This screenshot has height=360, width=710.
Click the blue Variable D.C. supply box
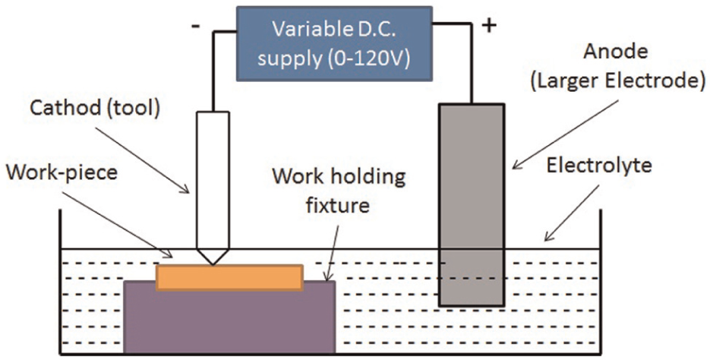tap(334, 43)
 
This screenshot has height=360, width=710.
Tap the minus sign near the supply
tap(196, 27)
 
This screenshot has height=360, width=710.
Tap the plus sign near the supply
tap(488, 26)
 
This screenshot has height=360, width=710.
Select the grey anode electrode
tap(472, 205)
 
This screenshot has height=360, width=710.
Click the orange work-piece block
tap(229, 277)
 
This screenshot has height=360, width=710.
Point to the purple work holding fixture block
tap(229, 317)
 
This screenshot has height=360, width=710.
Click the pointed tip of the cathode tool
tap(213, 264)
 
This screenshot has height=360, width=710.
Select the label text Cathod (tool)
tap(95, 109)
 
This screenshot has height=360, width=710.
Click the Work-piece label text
tap(62, 173)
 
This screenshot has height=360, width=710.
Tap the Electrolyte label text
tap(599, 166)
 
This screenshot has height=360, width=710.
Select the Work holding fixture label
tap(338, 191)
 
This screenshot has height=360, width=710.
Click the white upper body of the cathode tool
tap(213, 180)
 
